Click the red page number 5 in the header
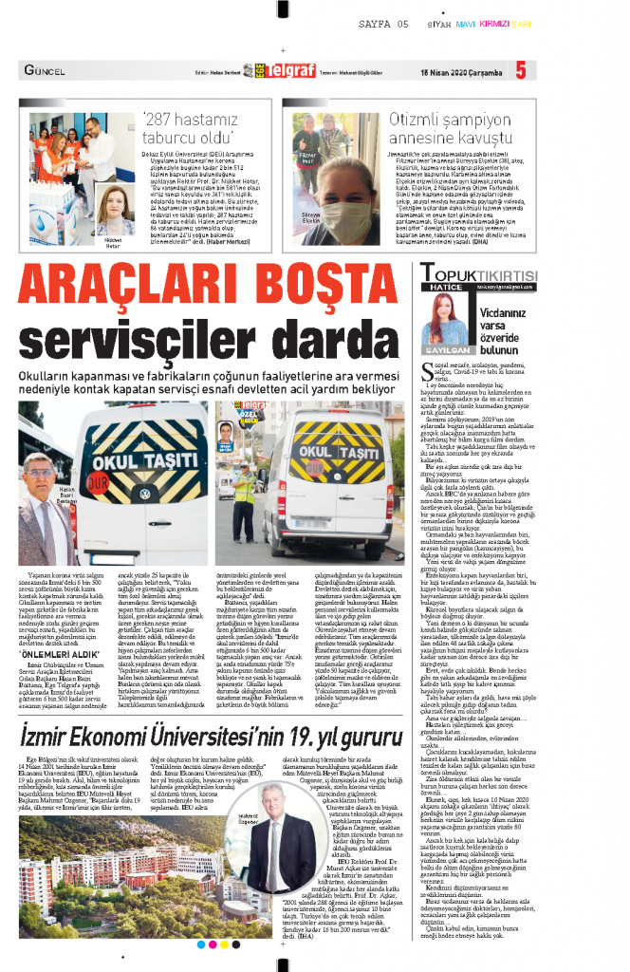point(520,70)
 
